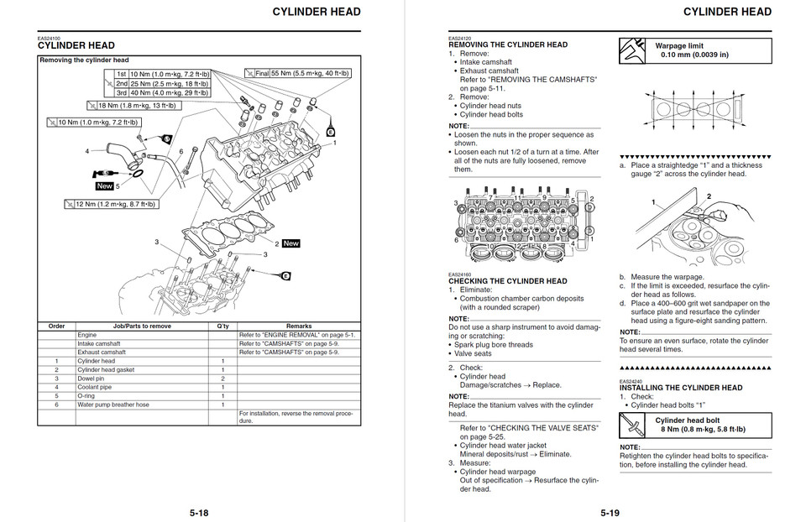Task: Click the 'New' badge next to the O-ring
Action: pos(104,186)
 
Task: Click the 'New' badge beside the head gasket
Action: pos(290,243)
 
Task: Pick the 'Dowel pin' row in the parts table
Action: pos(92,378)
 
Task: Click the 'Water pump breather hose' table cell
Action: pos(113,405)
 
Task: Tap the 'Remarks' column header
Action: pos(298,326)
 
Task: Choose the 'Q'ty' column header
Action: pos(222,326)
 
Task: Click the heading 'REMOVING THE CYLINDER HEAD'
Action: pos(508,44)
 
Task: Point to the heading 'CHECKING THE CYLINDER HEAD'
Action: pos(507,281)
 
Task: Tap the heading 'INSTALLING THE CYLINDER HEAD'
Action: pos(681,388)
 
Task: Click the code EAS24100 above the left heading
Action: pos(50,38)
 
